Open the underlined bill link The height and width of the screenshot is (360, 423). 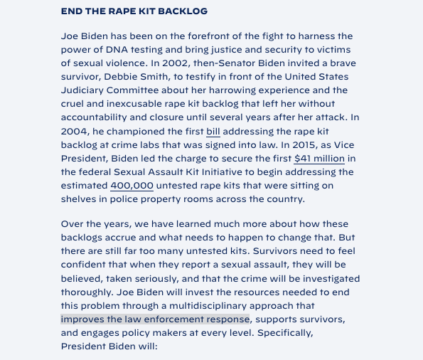coord(213,132)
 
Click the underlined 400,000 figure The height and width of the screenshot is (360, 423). coord(132,186)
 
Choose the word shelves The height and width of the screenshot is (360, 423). coord(80,199)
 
